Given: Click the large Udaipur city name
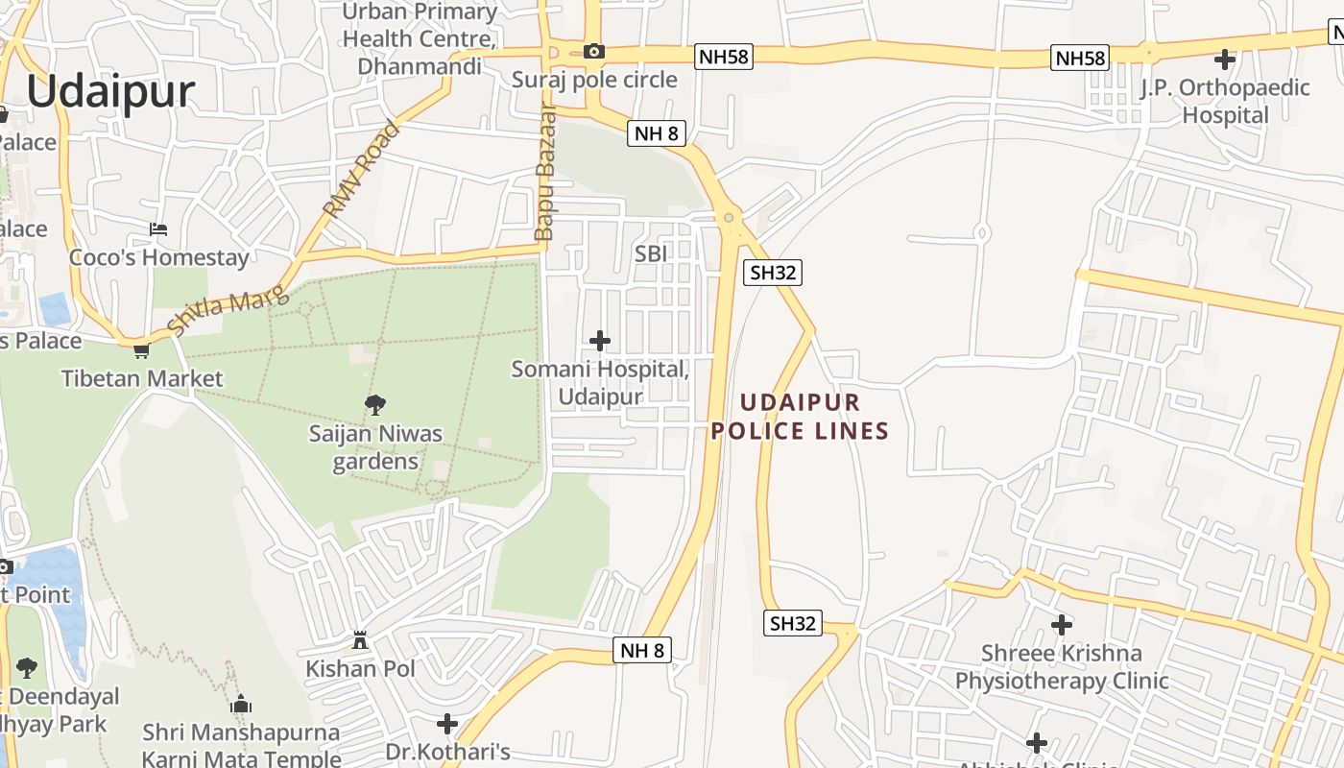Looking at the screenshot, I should [110, 92].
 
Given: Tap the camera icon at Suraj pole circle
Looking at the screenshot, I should [594, 52].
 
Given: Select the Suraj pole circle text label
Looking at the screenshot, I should [594, 80].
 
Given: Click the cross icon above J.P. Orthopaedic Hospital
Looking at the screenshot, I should [1225, 60].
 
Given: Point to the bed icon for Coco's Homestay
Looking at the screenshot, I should [158, 228].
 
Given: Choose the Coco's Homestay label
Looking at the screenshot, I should [158, 257].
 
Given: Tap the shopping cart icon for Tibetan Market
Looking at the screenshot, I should [141, 350].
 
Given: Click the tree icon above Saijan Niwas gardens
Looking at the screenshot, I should [375, 404].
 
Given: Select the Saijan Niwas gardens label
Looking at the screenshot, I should [375, 447].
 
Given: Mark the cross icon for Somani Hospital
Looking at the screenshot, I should [600, 341].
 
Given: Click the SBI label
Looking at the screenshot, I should [650, 253].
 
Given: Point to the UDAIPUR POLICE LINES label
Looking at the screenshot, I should [800, 417].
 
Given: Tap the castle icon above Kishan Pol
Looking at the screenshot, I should [360, 639].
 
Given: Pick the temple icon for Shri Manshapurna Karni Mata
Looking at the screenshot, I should [241, 705].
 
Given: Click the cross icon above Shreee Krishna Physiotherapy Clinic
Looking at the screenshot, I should [1062, 625].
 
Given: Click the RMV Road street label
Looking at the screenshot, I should [360, 168].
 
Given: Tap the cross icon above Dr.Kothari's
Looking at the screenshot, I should [447, 724].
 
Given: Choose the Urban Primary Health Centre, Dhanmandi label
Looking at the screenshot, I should [420, 39].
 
